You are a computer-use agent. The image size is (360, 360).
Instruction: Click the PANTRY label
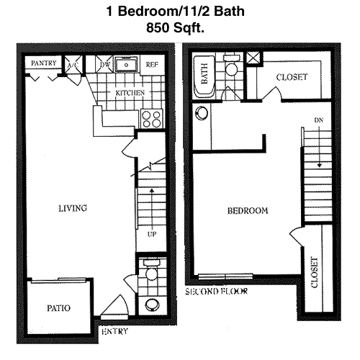point(44,63)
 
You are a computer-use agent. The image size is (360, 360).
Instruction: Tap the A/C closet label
point(73,65)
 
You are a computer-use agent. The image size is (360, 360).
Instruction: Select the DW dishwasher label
point(105,64)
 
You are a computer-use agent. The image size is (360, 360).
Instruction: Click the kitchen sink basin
point(126,64)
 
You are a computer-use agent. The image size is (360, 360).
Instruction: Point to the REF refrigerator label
point(152,65)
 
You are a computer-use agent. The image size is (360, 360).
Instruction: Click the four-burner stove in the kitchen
point(152,119)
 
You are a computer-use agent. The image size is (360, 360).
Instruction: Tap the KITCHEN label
point(130,93)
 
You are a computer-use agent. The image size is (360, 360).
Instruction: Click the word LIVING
point(73,208)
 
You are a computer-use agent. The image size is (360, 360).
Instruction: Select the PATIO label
point(59,308)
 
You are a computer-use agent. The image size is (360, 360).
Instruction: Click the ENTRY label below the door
point(114,331)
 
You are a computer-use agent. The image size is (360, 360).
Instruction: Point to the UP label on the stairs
point(152,234)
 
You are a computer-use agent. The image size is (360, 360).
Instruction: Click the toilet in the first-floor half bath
point(151,270)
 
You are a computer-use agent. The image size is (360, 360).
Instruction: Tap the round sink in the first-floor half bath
point(152,305)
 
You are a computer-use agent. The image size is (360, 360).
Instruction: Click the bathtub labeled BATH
point(204,77)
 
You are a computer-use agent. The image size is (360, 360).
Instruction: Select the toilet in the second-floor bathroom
point(232,66)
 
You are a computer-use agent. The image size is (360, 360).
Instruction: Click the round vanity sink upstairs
point(202,113)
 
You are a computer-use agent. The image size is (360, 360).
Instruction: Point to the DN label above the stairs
point(319,120)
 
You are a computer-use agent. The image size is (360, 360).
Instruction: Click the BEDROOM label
point(248,211)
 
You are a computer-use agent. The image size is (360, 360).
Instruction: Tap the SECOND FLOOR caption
point(217,292)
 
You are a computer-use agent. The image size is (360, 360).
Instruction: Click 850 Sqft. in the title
point(176,27)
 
